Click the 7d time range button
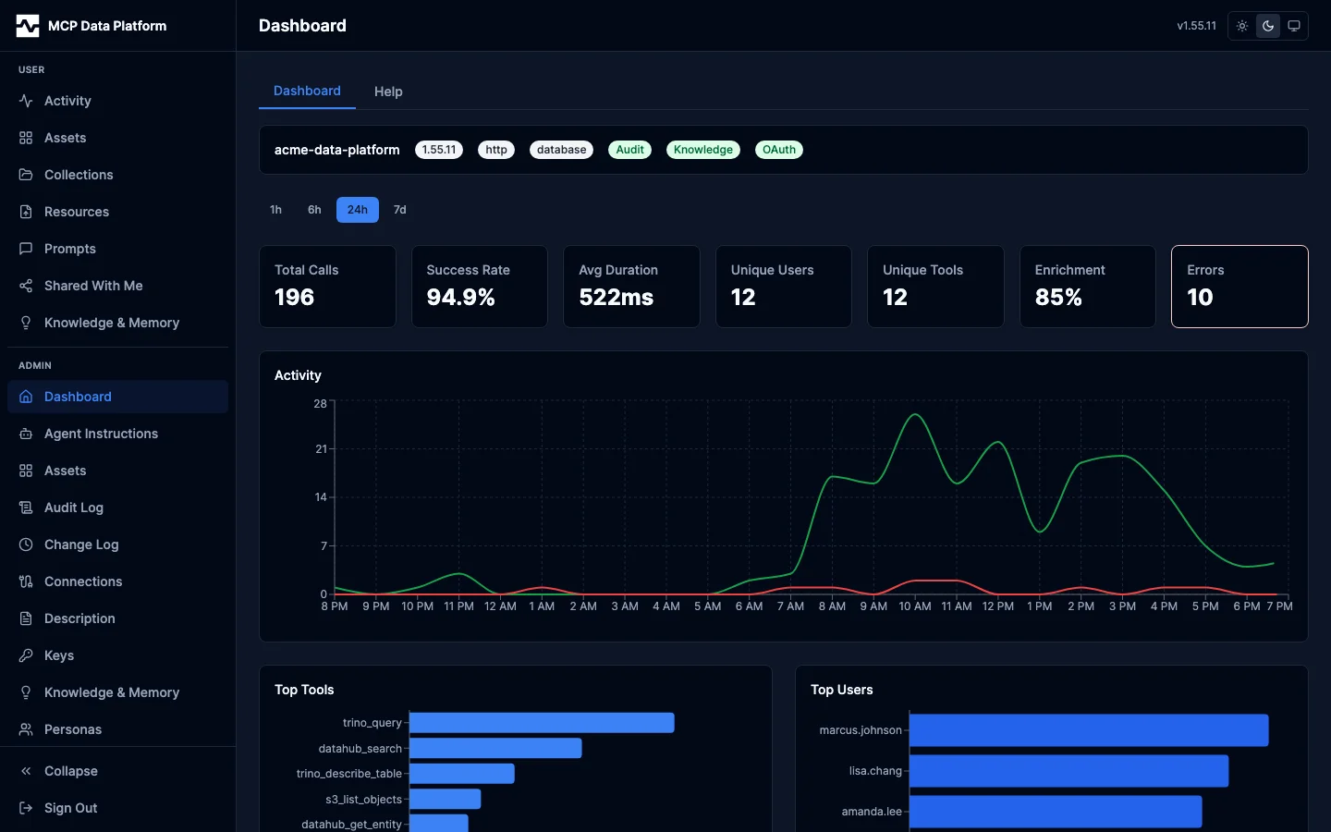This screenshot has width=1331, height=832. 399,210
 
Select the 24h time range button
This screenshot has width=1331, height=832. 357,210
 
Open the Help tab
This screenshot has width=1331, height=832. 388,92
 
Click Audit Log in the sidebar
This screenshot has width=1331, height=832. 74,508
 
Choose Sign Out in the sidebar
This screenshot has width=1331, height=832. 70,808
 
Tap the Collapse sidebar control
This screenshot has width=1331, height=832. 70,771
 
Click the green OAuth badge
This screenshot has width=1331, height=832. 778,150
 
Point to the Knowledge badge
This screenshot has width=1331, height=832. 702,150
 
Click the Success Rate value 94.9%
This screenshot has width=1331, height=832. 460,298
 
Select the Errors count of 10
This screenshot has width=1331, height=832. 1200,298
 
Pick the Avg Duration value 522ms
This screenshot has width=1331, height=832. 616,298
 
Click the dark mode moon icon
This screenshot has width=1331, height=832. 1268,26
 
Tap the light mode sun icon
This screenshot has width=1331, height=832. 1242,26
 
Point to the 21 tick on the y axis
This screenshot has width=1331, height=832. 321,449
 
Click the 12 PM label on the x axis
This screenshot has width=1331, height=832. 997,606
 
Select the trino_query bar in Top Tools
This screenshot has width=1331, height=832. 542,723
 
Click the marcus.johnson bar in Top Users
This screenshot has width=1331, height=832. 1088,730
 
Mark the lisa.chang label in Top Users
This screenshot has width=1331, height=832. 875,771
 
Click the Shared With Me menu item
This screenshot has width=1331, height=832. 93,286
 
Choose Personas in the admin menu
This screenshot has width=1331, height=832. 73,729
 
